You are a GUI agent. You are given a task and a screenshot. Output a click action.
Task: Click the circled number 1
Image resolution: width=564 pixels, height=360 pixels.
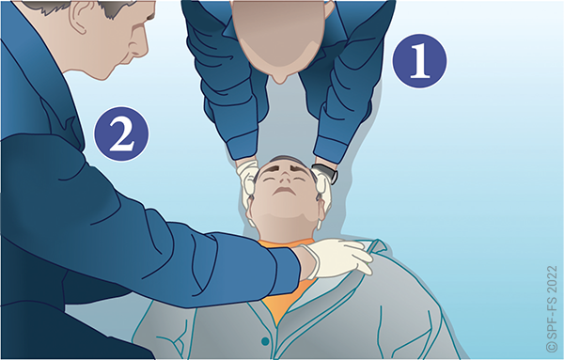click(419, 61)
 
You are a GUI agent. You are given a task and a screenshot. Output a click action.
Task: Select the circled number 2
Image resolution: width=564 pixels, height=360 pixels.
click(121, 133)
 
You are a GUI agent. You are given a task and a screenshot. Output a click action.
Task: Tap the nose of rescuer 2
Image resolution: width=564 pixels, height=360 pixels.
click(141, 51)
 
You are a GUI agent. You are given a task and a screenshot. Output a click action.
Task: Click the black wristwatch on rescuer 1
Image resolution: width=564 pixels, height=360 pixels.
click(326, 173)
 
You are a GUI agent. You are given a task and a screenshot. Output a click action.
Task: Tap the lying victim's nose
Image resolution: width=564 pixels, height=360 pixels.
click(285, 177)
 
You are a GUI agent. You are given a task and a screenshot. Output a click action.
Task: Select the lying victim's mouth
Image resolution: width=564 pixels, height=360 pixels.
click(284, 192)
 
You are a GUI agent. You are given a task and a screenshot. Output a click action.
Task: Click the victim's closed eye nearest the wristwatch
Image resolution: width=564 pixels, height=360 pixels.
click(300, 179)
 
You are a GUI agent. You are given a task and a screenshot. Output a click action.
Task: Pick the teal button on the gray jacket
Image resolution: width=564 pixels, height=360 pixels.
click(265, 340)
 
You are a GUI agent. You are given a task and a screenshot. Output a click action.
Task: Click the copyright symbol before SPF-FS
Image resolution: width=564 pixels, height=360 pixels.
click(551, 346)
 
